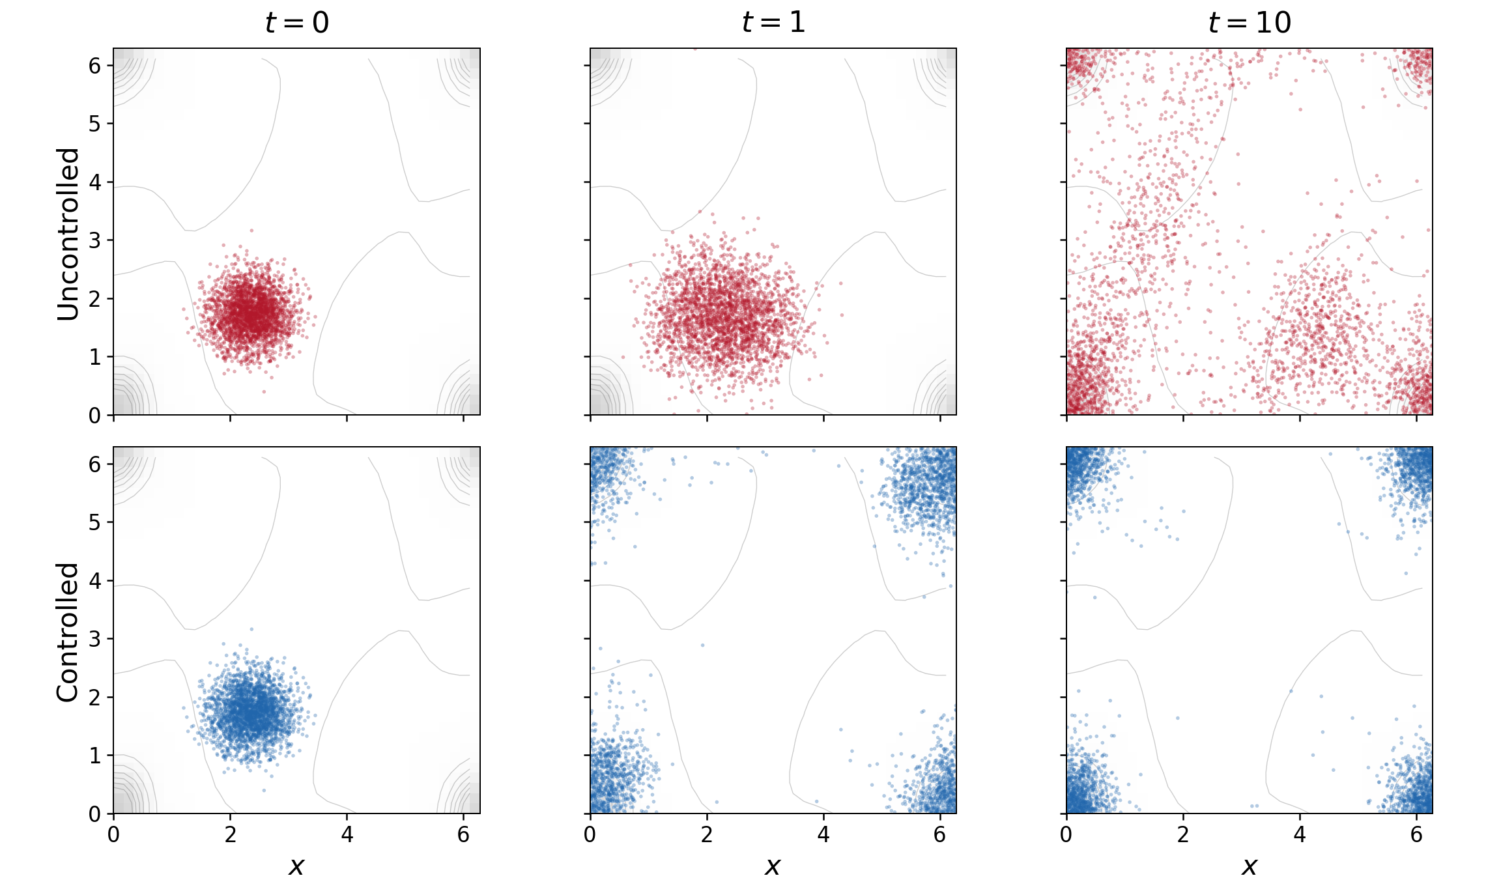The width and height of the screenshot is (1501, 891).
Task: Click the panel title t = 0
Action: click(296, 23)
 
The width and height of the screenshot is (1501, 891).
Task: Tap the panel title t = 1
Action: click(773, 23)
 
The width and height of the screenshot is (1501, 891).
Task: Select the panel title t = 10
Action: click(1250, 23)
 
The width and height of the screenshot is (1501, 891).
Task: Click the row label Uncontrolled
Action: click(68, 234)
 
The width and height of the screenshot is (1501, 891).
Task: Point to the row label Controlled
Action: click(68, 632)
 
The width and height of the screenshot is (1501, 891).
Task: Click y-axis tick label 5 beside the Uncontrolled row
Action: click(95, 124)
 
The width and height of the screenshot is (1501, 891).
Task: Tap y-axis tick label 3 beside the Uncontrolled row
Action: click(95, 240)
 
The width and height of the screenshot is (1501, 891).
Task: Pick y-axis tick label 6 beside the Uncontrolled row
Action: click(95, 66)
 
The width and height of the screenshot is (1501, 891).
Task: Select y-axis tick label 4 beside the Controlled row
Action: click(95, 581)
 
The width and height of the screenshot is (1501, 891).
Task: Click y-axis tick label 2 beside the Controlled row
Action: click(95, 698)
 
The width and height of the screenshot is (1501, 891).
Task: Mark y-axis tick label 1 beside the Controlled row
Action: click(95, 756)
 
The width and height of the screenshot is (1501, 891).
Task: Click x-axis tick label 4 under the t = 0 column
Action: click(347, 834)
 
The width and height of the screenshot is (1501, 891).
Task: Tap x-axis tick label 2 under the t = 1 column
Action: click(707, 834)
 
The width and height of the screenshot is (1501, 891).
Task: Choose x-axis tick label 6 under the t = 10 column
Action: click(1416, 834)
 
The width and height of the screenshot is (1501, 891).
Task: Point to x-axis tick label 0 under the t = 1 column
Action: click(590, 834)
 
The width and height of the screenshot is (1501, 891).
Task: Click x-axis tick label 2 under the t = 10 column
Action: click(1183, 834)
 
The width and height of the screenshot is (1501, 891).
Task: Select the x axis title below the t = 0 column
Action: click(296, 866)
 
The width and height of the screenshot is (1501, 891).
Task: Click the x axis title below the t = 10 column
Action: click(1250, 866)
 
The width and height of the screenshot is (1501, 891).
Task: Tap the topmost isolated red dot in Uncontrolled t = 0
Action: click(251, 230)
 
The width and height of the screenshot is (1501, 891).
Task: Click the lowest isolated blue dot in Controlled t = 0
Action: click(264, 790)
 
